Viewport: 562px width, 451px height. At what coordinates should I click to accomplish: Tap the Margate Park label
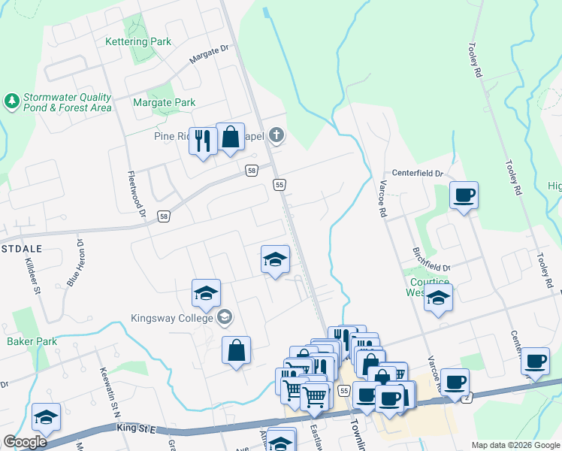click(x=164, y=102)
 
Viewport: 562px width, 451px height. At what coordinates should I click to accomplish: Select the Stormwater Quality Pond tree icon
click(x=11, y=101)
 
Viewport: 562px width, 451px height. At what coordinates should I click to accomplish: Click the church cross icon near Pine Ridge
click(x=276, y=136)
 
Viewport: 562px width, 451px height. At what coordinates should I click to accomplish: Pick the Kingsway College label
click(x=172, y=318)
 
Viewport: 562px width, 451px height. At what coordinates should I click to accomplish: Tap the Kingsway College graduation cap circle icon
click(x=224, y=318)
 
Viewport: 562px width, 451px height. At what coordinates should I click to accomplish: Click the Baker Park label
click(x=32, y=341)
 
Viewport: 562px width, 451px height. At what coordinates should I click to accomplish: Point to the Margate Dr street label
click(x=209, y=53)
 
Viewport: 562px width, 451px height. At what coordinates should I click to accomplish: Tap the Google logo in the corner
click(x=25, y=442)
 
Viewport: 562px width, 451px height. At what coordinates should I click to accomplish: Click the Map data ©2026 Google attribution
click(x=515, y=445)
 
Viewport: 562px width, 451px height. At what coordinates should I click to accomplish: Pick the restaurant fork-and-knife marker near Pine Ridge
click(x=202, y=141)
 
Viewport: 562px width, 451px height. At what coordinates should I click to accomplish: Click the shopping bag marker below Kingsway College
click(x=236, y=350)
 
